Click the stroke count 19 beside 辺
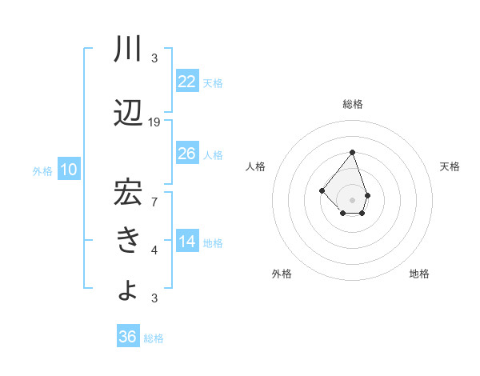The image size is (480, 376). coord(154,122)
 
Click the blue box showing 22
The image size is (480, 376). coord(187,81)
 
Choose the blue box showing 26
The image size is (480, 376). coord(187,154)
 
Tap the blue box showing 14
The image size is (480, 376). coord(187,242)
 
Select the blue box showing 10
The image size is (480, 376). coord(69,170)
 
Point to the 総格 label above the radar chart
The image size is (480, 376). coord(352,104)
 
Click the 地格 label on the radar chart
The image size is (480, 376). coord(419,274)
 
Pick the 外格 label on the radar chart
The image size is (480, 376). coord(282,274)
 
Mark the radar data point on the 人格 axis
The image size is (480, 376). coord(322,190)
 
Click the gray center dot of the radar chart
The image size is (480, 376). coord(352,200)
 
